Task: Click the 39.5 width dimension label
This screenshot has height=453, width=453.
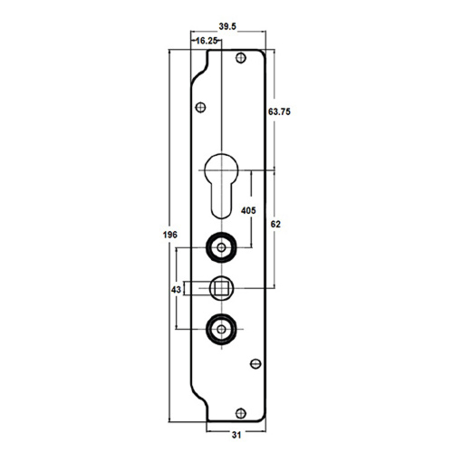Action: coord(227,26)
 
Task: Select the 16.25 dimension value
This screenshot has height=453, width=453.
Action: coord(207,41)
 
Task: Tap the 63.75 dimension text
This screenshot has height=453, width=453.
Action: coord(279,111)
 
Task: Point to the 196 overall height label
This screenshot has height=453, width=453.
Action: coord(170,235)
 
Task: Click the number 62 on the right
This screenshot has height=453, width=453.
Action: coord(275,224)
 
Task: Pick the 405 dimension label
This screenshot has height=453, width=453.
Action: coord(248,210)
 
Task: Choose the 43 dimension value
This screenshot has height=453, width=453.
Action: coord(176,290)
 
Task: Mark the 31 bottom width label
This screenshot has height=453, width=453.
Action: coord(236,435)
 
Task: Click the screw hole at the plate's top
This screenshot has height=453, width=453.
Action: coord(241,58)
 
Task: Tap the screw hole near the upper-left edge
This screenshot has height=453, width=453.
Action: coord(200,107)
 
